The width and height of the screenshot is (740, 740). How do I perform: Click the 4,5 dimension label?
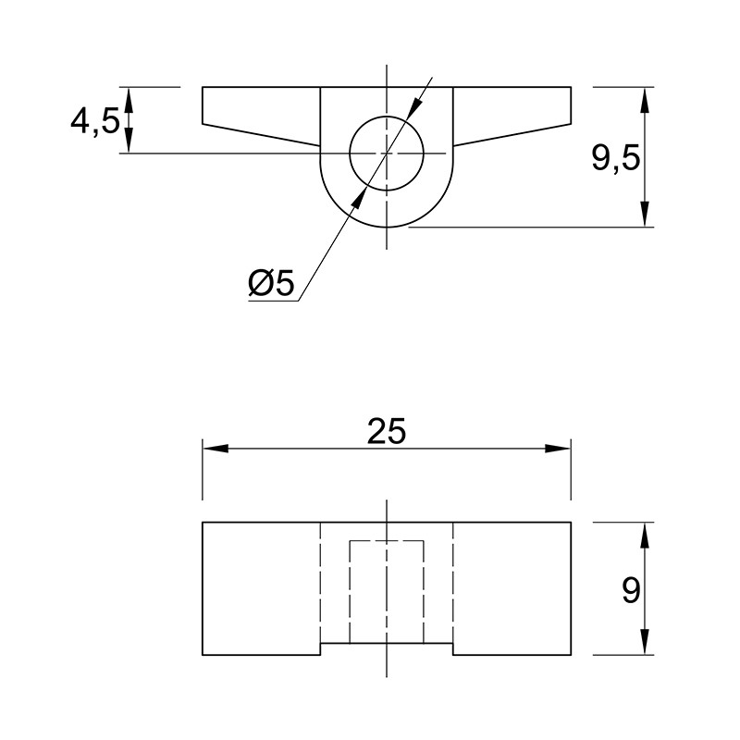pos(95,122)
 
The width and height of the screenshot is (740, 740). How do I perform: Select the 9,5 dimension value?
pos(616,157)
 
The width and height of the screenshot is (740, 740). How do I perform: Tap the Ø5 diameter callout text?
pos(271,283)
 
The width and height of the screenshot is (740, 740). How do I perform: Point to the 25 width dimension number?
pos(387,431)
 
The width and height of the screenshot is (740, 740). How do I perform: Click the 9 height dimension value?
pos(631,590)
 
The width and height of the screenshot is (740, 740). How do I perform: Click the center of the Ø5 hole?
pos(387,153)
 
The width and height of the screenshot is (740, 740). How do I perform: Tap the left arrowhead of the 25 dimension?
pos(216,449)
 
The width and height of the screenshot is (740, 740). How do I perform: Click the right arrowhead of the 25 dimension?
pos(558,449)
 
